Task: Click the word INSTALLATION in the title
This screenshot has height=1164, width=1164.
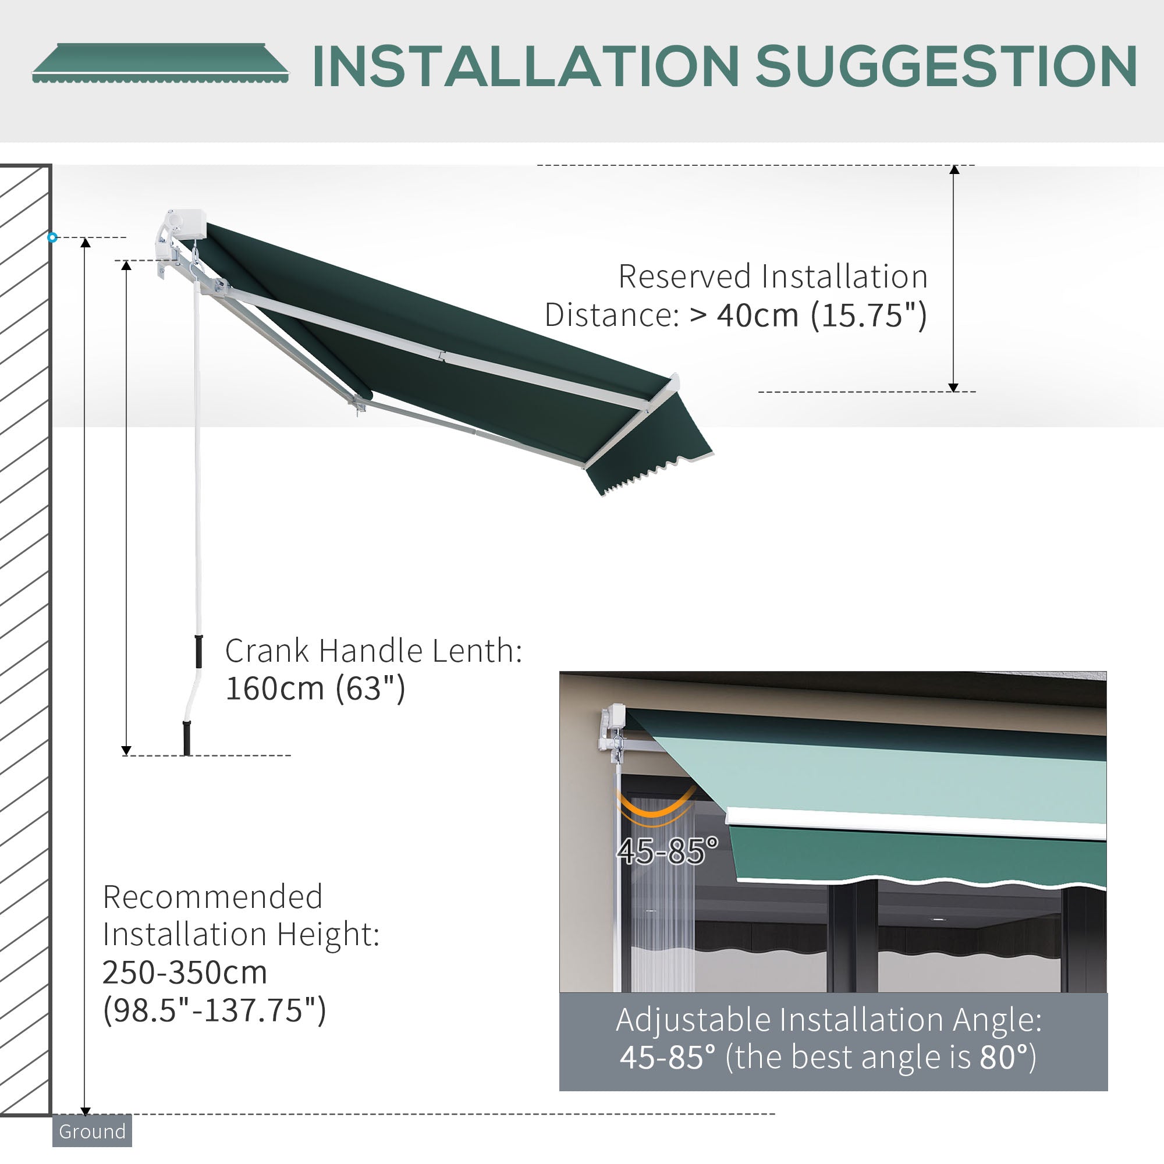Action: point(526,67)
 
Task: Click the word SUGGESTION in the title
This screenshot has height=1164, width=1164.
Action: point(945,67)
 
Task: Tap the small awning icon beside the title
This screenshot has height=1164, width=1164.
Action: point(159,63)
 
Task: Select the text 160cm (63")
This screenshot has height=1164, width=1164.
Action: point(315,688)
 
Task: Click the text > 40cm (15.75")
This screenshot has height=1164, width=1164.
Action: point(807,315)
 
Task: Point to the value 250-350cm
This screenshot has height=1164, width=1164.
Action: point(184,973)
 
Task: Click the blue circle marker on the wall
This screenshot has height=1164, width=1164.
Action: point(52,237)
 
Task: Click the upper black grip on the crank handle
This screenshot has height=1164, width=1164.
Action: point(198,651)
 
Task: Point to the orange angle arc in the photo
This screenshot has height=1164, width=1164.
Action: point(655,807)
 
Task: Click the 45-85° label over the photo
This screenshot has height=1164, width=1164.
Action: point(667,851)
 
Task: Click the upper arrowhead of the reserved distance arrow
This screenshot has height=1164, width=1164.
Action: point(954,170)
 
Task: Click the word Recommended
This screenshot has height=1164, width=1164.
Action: point(212,897)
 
